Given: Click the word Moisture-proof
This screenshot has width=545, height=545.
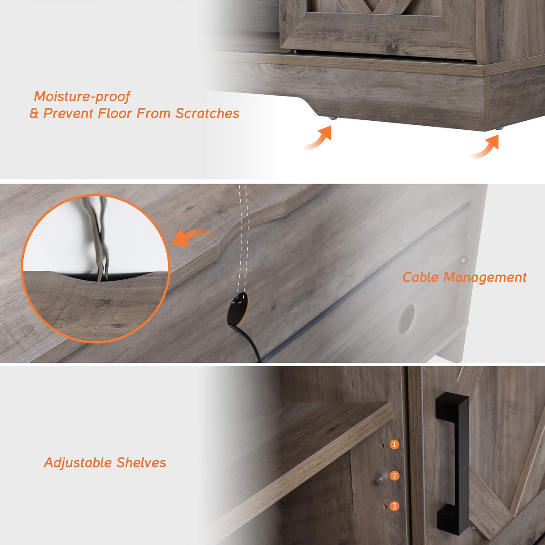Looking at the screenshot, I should click(82, 97).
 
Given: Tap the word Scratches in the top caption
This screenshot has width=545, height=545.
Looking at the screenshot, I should click(207, 114).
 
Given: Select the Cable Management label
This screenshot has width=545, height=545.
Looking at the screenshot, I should click(464, 277).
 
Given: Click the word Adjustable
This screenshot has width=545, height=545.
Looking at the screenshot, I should click(78, 463).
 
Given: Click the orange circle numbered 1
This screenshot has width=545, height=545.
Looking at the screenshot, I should click(395, 444).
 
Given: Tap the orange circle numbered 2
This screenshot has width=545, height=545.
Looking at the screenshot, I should click(395, 475).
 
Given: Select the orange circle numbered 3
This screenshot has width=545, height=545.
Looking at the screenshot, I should click(395, 506).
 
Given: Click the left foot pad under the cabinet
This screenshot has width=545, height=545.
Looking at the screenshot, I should click(332, 118).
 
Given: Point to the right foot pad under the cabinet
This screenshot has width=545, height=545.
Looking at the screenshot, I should click(499, 128).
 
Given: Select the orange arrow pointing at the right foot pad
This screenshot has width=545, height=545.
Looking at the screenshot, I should click(487, 147).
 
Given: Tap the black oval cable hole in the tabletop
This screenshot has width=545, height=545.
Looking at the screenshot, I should click(238, 307).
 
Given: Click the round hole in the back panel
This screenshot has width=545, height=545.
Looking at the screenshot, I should click(406, 319).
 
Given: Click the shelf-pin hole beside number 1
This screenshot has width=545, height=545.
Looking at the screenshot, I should click(382, 445).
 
